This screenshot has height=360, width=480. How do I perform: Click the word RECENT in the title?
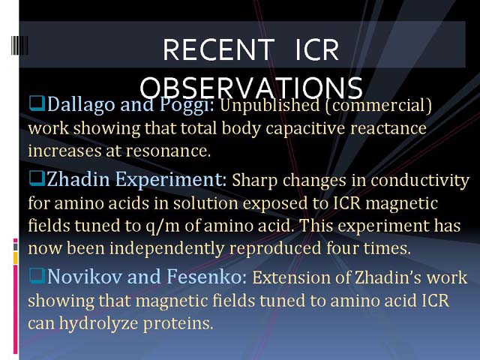click(218, 50)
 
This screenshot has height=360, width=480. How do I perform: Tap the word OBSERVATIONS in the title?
click(251, 88)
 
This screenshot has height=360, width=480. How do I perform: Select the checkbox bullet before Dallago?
click(37, 103)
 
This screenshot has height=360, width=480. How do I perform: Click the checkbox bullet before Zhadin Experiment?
click(37, 178)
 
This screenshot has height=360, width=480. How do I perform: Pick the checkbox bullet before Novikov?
click(37, 275)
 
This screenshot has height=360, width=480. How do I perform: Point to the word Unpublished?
click(270, 106)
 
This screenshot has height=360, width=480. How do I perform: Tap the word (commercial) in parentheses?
click(378, 105)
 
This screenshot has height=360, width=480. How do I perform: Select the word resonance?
click(168, 151)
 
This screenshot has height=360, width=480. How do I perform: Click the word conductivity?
click(420, 181)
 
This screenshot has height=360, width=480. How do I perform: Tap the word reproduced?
click(274, 248)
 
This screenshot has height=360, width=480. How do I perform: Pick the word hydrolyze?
click(98, 323)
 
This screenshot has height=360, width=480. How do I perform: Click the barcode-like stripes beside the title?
click(19, 45)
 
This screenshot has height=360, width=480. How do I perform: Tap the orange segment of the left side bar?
click(16, 258)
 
